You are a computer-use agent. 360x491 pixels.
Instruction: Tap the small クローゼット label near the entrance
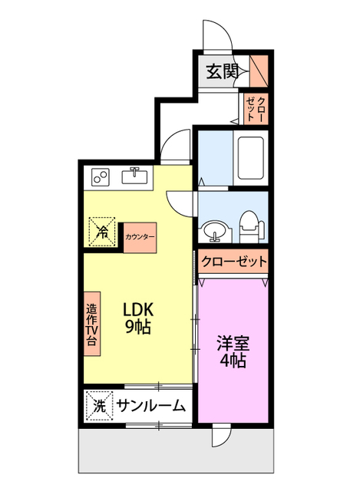[x=256, y=107]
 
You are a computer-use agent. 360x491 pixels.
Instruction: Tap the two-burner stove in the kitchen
[x=101, y=177]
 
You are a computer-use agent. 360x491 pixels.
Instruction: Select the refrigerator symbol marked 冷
[x=102, y=230]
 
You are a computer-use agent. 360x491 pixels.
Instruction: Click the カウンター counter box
[x=140, y=236]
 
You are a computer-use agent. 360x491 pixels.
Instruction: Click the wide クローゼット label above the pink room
[x=234, y=262]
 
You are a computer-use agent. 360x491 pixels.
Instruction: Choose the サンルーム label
[x=151, y=407]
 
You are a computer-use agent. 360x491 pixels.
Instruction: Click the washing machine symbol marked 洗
[x=99, y=406]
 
